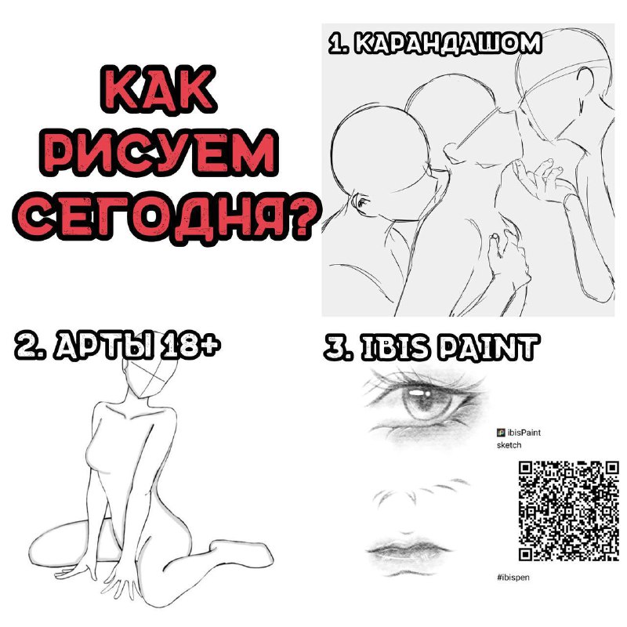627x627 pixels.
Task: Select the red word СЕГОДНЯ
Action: [x=150, y=217]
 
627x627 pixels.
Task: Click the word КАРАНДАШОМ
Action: [x=448, y=43]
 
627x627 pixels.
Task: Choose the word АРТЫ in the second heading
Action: [x=104, y=344]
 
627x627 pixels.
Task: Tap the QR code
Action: [x=569, y=511]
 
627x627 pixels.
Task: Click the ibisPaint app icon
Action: [x=501, y=433]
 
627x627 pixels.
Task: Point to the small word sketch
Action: [x=509, y=445]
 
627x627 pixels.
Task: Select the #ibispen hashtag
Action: [x=513, y=577]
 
